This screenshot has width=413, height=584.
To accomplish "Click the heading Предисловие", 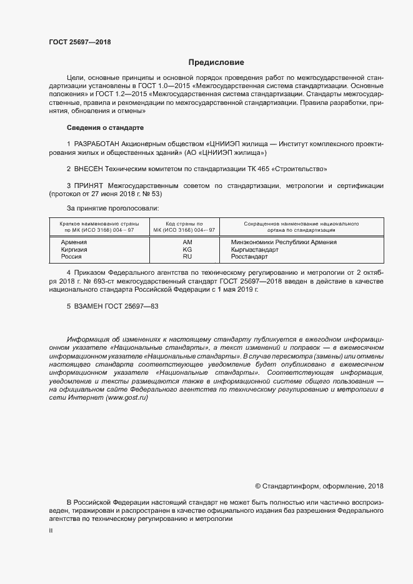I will tap(217, 62).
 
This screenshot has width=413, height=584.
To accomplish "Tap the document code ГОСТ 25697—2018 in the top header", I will tap(80, 42).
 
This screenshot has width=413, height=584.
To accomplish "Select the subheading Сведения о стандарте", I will tap(105, 127).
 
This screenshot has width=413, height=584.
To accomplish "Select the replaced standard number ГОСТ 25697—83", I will tap(132, 306).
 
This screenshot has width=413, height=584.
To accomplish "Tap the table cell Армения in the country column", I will tap(74, 242).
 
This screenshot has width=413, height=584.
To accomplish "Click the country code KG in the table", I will tap(187, 249).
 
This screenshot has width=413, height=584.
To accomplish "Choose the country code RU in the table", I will tap(187, 257).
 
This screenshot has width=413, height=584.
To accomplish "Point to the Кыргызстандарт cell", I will tap(254, 249).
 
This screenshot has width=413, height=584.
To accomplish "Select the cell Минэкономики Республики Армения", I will tap(283, 242).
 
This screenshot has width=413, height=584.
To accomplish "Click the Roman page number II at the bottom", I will tap(51, 530).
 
